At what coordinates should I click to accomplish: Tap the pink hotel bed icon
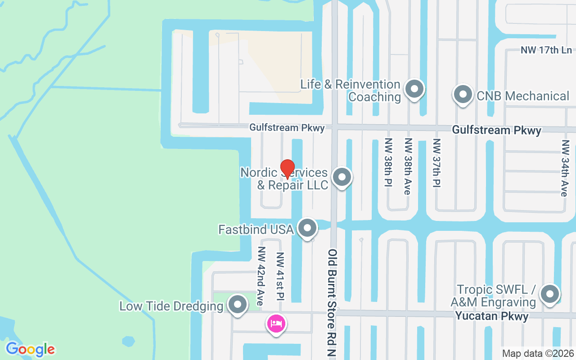[x=276, y=323]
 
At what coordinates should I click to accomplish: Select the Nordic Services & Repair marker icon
[x=342, y=177]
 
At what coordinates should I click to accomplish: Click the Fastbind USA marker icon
[x=308, y=228]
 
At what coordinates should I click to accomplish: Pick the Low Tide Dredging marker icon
[x=238, y=305]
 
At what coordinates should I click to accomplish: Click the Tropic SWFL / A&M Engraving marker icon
[x=549, y=294]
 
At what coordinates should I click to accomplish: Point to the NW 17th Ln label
[x=546, y=50]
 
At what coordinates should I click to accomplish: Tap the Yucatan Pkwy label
[x=492, y=316]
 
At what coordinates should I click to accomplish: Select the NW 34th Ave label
[x=564, y=168]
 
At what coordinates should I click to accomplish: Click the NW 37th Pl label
[x=436, y=162]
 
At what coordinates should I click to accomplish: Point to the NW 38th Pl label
[x=388, y=162]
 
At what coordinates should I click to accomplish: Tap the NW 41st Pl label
[x=280, y=276]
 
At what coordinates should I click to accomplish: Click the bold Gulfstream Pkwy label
[x=496, y=130]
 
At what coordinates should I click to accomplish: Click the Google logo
[x=30, y=349]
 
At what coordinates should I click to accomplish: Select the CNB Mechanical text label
[x=523, y=96]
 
